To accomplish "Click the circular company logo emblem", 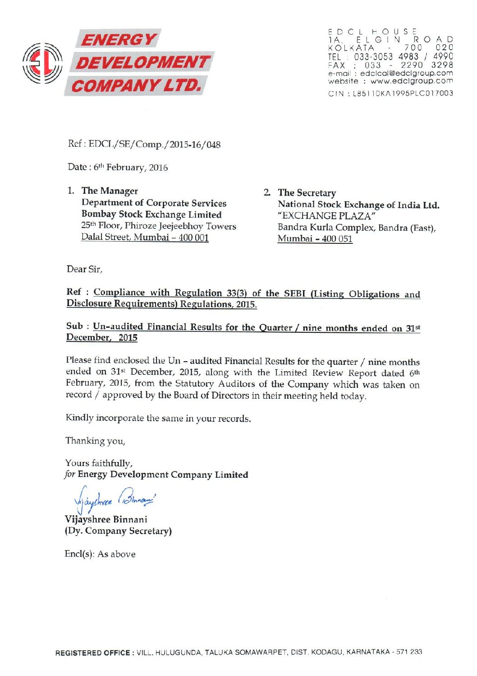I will pos(43,63).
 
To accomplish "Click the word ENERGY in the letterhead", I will pos(118,40).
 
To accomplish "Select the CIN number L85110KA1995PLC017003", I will pos(403,93).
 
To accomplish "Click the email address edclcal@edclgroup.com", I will pos(406,73).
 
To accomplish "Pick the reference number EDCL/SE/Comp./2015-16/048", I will pos(154,145).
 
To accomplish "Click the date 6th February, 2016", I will pos(131,168).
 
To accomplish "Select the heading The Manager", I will pos(110,191).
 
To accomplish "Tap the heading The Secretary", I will pos(307,193).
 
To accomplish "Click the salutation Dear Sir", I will pos(84,269).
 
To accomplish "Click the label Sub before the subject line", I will pos(74,326).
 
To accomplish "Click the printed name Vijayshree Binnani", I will pos(106,519).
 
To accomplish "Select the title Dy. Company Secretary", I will pos(118,531).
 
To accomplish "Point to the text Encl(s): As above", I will pos(100,554).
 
